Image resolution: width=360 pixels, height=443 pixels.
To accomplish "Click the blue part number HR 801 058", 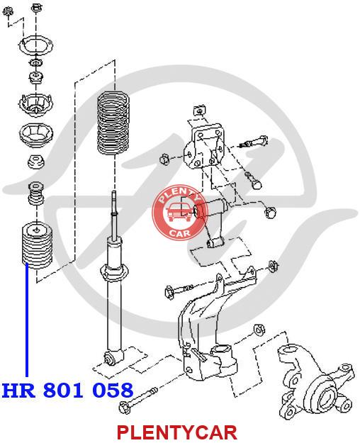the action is point(67,390).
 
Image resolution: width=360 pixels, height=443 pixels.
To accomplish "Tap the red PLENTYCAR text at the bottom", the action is point(177,432).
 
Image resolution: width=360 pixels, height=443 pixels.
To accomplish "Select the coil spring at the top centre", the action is point(113,123).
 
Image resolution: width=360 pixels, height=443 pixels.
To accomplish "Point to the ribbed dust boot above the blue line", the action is point(37,245).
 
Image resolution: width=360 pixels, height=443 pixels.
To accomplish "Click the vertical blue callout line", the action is point(27,320).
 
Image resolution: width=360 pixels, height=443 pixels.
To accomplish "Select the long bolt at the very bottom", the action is point(139,400).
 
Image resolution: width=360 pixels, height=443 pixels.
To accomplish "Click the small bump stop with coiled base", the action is point(36,194).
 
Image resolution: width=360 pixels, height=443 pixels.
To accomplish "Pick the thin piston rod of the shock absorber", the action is point(113,215).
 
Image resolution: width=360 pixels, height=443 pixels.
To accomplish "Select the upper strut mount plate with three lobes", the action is point(36,45).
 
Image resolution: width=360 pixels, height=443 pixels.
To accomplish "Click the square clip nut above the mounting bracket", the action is point(200,111).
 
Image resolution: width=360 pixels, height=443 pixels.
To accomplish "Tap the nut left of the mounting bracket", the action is point(164,159).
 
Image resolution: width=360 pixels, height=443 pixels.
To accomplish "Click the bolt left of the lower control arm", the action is point(179,290).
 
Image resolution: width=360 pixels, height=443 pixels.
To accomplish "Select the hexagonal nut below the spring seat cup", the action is point(36,162).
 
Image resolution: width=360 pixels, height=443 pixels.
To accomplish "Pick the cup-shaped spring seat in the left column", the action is point(36,134).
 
